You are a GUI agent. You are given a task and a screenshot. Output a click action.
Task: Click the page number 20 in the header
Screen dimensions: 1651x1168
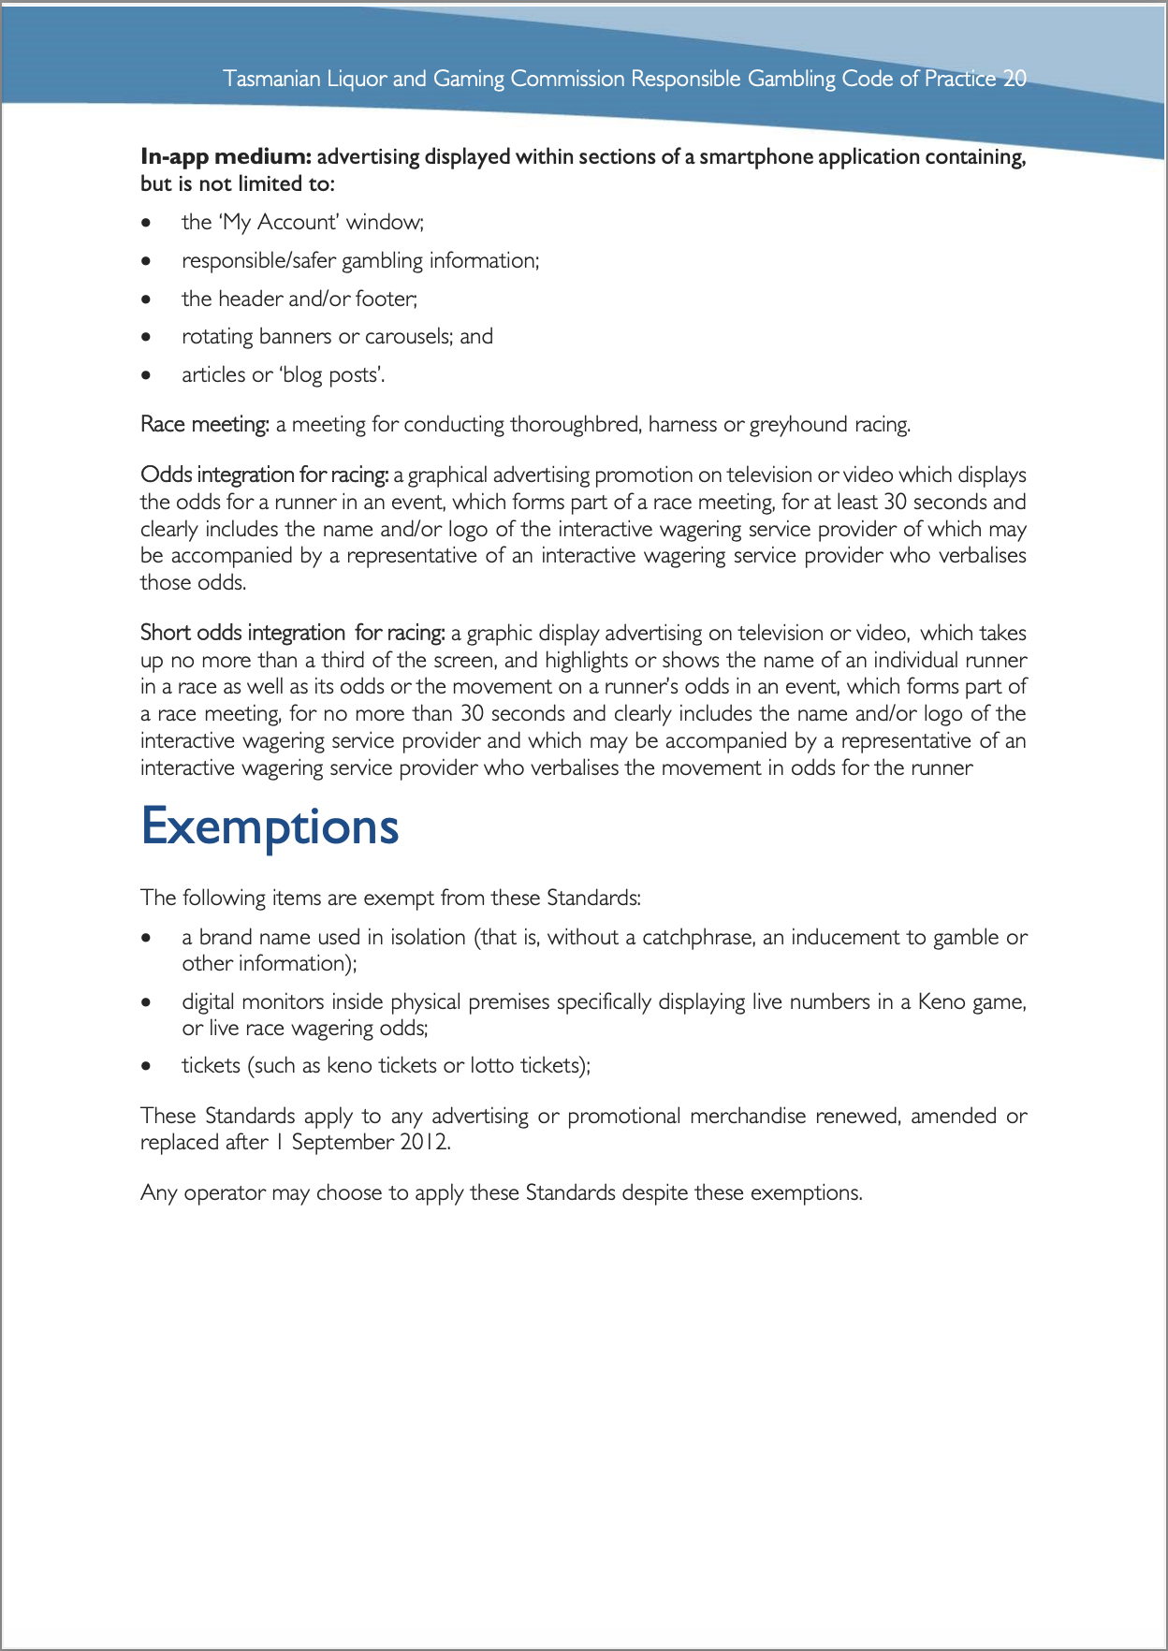coord(1015,79)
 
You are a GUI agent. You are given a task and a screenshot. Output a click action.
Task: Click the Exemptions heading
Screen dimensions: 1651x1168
coord(270,826)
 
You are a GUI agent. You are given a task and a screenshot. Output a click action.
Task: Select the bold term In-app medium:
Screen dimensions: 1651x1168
coord(226,156)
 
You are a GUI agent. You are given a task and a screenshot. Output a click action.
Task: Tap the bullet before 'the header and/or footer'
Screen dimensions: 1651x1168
coord(145,299)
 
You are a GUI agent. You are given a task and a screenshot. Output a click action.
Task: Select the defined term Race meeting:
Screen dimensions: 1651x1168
coord(204,425)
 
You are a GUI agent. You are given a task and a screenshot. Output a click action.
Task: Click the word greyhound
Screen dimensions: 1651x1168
coord(797,425)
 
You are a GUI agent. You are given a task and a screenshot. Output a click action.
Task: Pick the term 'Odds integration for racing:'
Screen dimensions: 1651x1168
coord(263,475)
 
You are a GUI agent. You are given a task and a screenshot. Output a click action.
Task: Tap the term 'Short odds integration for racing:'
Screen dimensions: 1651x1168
coord(292,634)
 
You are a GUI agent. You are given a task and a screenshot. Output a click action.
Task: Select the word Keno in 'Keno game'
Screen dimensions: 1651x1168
coord(941,1002)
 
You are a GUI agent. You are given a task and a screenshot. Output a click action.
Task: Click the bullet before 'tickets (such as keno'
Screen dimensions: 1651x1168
coord(145,1066)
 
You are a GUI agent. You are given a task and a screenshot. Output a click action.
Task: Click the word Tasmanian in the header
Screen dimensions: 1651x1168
coord(271,79)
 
